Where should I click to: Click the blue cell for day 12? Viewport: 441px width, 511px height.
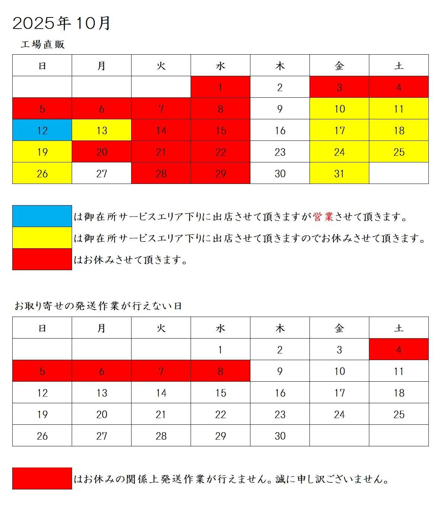42,130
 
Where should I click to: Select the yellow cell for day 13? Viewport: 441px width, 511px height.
101,130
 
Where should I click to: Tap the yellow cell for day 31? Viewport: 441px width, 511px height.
339,173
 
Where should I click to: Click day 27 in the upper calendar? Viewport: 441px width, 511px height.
101,173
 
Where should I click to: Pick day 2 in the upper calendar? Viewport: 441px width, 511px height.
280,87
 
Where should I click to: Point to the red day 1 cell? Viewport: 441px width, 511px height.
220,87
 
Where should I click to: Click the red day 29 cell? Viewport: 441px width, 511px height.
220,173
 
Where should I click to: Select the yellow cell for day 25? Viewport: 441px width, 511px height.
399,152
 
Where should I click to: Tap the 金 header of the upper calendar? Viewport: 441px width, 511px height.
339,66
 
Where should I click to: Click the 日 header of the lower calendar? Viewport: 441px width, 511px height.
42,328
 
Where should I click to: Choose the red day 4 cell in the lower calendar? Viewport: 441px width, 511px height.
399,349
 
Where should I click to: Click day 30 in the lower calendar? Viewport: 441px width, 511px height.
280,436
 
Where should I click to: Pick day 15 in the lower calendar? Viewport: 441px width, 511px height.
220,392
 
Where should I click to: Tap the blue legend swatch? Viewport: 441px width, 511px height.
42,216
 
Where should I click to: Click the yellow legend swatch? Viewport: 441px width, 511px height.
42,237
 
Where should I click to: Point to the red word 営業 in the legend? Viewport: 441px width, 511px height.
323,217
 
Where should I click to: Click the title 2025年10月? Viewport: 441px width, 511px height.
62,23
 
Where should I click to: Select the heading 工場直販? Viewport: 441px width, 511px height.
43,45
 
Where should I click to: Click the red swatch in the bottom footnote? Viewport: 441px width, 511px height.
42,478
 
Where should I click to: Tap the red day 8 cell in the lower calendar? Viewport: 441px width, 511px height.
220,371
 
